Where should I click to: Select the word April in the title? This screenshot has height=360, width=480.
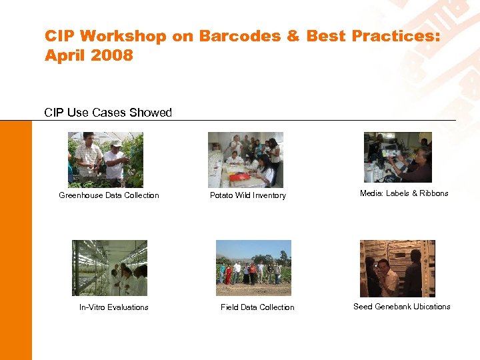[64, 55]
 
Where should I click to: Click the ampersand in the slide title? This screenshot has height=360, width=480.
[293, 36]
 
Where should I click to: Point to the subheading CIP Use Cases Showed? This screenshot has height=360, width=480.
[108, 113]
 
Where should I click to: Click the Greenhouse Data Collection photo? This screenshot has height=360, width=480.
[105, 159]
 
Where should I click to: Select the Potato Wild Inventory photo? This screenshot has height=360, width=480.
[245, 159]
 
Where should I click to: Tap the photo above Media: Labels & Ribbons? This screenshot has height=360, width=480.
[397, 157]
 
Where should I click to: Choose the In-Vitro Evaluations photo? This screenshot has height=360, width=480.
[109, 268]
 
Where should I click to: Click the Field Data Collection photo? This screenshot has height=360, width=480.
[253, 268]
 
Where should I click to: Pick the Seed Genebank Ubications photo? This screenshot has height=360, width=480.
[397, 269]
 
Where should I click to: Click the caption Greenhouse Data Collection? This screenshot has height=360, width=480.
[109, 195]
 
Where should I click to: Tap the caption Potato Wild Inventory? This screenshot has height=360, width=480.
[248, 195]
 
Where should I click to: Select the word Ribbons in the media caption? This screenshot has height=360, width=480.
[434, 193]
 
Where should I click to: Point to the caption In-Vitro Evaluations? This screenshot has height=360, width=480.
[114, 307]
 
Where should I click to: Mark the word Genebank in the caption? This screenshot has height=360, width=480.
[394, 307]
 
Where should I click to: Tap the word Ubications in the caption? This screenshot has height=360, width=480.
[433, 307]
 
